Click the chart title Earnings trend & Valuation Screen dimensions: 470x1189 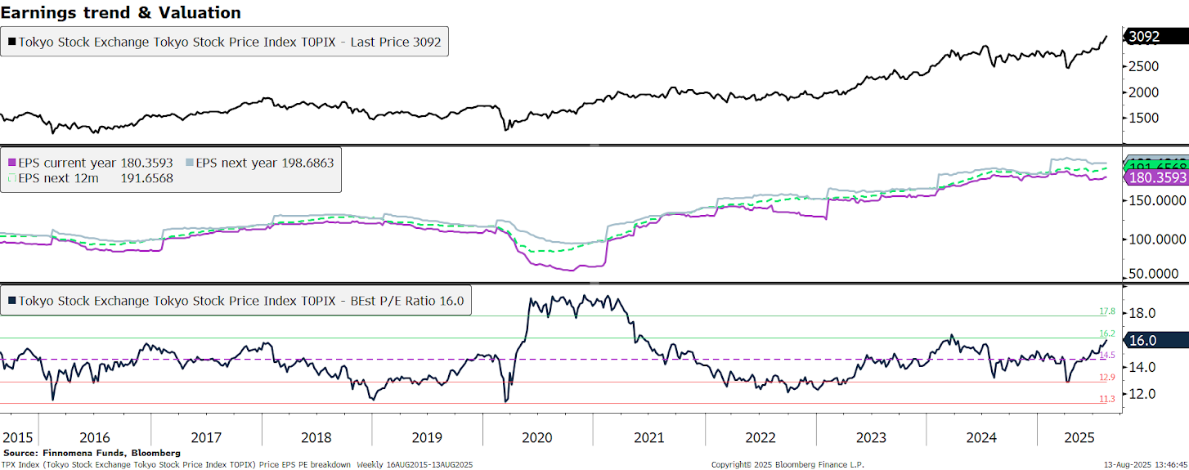coord(121,12)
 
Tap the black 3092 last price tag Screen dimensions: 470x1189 coord(1148,37)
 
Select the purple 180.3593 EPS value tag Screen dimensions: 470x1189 coord(1156,177)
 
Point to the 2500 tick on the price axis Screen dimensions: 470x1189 coord(1142,65)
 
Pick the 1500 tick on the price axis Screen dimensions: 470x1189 coord(1142,118)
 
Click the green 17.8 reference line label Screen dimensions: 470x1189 coord(1107,311)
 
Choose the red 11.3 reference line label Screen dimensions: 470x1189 coord(1107,399)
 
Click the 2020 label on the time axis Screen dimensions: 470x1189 coord(537,437)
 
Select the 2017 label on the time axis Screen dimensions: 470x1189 coord(206,437)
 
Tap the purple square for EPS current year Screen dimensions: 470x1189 coord(11,163)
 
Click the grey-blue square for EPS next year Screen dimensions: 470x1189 coord(190,163)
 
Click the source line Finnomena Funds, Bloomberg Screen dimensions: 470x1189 coord(92,452)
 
